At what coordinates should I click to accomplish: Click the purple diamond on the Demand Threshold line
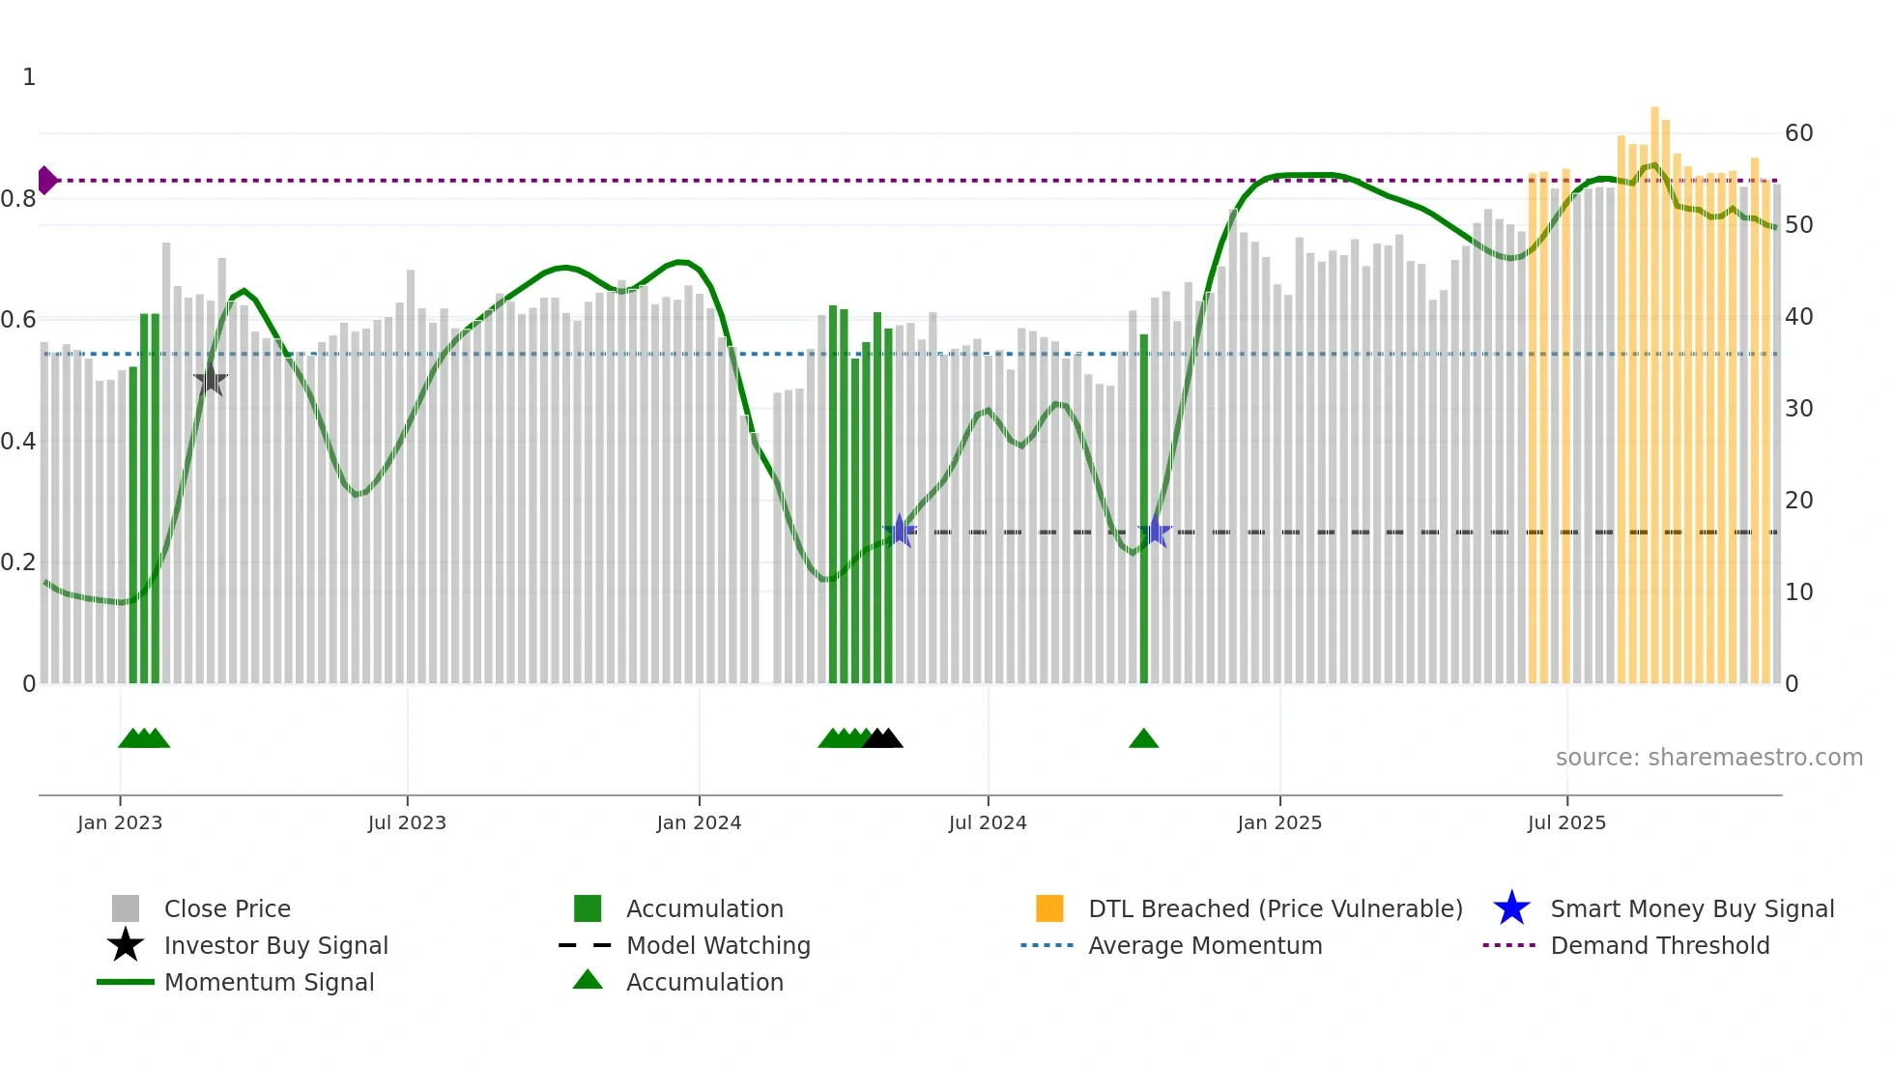coord(46,180)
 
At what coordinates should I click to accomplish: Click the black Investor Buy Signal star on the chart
coord(211,379)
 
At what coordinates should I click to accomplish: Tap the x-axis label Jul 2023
coord(407,822)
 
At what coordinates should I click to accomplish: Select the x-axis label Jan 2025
coord(1279,822)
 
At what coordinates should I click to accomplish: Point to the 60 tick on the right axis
coord(1798,133)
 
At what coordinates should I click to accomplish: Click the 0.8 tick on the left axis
coord(18,199)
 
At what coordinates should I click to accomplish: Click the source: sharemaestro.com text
coord(1708,758)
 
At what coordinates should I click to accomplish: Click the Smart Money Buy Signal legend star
coord(1511,908)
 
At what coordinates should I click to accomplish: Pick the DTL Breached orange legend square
coord(1049,908)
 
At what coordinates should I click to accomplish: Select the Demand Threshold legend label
coord(1659,945)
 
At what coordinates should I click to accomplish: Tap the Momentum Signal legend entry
coord(269,982)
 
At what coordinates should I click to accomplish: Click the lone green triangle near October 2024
coord(1143,739)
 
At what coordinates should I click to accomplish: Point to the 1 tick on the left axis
coord(29,77)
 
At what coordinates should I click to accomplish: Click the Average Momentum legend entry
coord(1205,945)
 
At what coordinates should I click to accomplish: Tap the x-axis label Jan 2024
coord(699,822)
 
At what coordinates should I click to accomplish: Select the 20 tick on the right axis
coord(1798,501)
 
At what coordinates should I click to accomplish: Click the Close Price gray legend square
coord(126,908)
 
